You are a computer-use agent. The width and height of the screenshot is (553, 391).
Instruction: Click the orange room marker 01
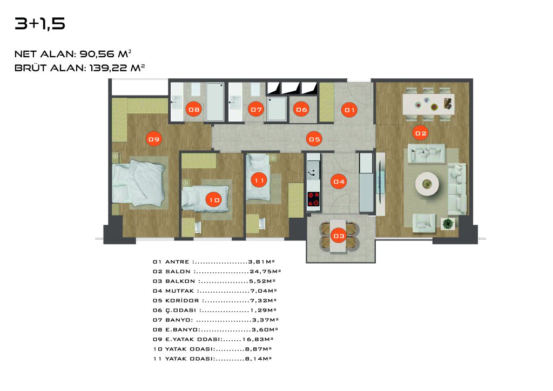(349, 110)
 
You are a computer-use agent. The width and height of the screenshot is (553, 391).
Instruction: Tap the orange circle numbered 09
(154, 139)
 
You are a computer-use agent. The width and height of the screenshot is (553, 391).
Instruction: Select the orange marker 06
(301, 110)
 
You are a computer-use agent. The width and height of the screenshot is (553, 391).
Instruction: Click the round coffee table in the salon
(427, 184)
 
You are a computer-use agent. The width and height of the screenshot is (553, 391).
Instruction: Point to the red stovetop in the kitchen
(313, 199)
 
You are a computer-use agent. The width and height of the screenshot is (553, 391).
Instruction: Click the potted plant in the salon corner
(448, 224)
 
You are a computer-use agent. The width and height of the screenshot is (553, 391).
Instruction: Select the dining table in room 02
(428, 104)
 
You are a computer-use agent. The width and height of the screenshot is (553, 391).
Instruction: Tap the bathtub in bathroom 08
(215, 102)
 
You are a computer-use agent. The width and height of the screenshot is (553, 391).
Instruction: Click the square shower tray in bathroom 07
(277, 109)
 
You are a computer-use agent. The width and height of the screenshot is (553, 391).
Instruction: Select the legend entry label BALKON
(180, 281)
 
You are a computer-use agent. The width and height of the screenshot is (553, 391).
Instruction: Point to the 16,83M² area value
(258, 339)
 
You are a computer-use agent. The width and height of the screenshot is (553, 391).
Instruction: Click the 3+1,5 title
(40, 24)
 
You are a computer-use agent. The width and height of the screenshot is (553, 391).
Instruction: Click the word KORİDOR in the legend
(183, 300)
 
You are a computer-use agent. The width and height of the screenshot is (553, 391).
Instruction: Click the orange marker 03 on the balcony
(339, 236)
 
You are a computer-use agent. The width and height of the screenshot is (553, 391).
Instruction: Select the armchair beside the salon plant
(423, 223)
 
